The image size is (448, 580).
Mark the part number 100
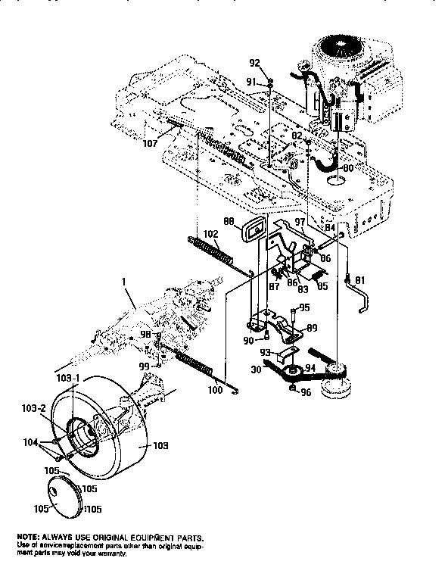215,390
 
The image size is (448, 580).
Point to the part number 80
347,168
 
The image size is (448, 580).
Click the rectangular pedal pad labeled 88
253,227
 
